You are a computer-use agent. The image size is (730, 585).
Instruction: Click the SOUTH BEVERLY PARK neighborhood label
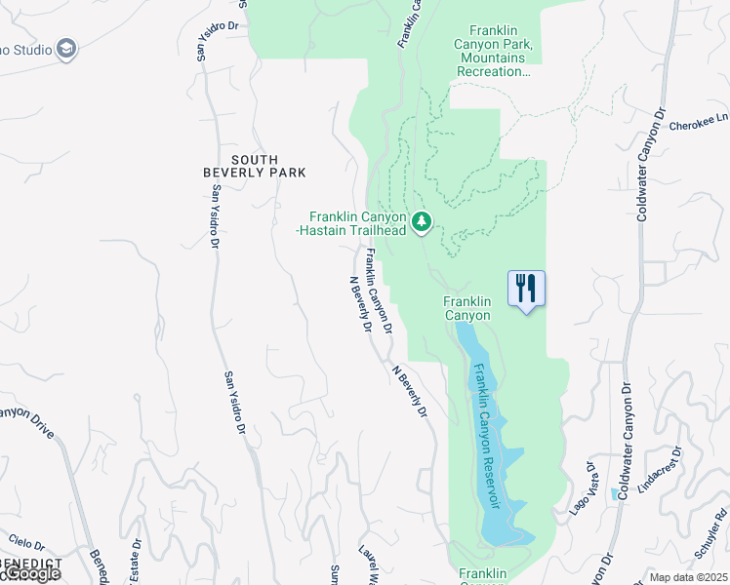coord(255,166)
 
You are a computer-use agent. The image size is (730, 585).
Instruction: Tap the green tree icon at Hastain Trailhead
coord(421,222)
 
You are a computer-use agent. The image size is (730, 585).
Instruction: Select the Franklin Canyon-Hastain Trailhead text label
coord(357,223)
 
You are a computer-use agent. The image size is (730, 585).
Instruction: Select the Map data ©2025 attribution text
coord(689,577)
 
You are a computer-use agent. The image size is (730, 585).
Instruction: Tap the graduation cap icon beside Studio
coord(66,50)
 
